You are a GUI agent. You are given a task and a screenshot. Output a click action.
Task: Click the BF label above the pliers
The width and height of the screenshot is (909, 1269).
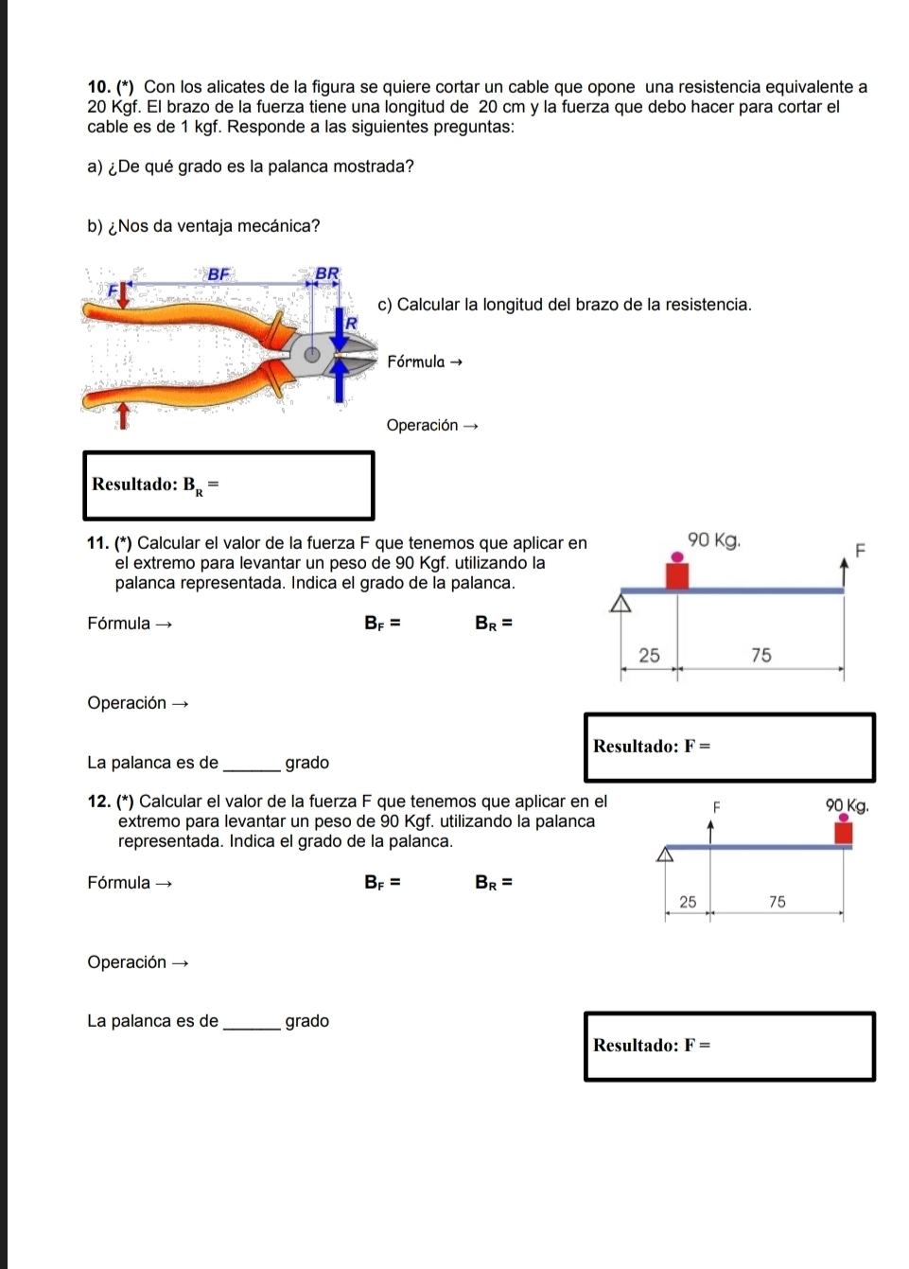pyautogui.click(x=219, y=273)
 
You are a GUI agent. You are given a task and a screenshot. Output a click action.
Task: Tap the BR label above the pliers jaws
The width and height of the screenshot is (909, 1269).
pyautogui.click(x=326, y=273)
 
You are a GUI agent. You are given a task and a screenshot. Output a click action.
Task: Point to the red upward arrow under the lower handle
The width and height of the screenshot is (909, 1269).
pyautogui.click(x=121, y=414)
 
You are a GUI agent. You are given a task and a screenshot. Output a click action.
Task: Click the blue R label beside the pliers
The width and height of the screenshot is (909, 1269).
pyautogui.click(x=351, y=323)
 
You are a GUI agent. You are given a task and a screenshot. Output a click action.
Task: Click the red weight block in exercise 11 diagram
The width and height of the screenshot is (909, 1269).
pyautogui.click(x=676, y=574)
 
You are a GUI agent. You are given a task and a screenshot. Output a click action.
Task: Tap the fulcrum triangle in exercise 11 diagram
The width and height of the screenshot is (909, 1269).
pyautogui.click(x=621, y=604)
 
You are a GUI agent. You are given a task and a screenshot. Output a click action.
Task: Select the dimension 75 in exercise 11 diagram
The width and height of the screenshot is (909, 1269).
pyautogui.click(x=760, y=655)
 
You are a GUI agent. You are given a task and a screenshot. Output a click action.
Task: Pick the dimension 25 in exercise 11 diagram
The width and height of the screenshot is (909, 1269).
pyautogui.click(x=649, y=655)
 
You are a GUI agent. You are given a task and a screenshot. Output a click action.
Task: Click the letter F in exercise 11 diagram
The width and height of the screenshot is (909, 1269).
pyautogui.click(x=860, y=550)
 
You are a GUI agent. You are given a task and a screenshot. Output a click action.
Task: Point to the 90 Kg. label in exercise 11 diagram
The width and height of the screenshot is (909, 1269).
pyautogui.click(x=714, y=540)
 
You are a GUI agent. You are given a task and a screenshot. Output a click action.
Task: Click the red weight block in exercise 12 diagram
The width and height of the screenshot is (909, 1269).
pyautogui.click(x=843, y=833)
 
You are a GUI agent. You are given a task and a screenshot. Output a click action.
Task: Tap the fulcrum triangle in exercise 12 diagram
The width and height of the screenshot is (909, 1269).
pyautogui.click(x=666, y=855)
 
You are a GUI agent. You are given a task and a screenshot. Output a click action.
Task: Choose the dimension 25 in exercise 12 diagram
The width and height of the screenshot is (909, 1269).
pyautogui.click(x=688, y=902)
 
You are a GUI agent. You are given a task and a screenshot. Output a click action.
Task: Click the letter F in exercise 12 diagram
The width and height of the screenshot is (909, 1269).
pyautogui.click(x=716, y=806)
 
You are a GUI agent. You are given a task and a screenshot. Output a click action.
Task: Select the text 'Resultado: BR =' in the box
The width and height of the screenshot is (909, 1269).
pyautogui.click(x=155, y=485)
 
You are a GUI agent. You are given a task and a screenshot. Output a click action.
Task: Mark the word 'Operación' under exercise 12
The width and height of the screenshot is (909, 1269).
pyautogui.click(x=127, y=962)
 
